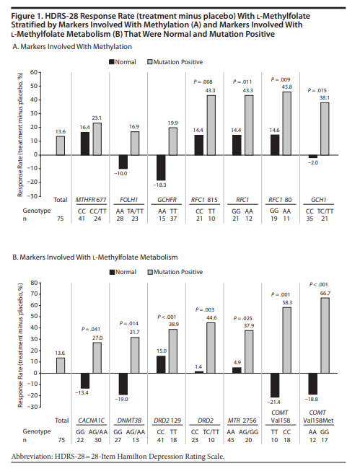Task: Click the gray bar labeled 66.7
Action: [325, 335]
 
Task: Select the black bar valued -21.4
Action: [275, 385]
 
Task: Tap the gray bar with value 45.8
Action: [286, 123]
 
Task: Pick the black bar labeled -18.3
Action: [161, 167]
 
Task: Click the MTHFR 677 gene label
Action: [91, 200]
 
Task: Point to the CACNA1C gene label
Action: [91, 421]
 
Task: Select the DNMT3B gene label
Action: [129, 421]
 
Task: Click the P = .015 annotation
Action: [317, 90]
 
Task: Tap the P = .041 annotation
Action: [91, 329]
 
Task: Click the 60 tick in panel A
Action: [34, 72]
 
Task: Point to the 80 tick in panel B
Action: [34, 283]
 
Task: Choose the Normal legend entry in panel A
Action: [123, 62]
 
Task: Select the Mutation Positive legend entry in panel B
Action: [175, 272]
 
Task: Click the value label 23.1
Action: [97, 118]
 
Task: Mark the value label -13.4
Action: [82, 392]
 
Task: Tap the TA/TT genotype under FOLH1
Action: [135, 211]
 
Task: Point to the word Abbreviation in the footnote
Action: [32, 457]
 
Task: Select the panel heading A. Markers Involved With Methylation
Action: [72, 47]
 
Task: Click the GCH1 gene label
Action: [319, 200]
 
